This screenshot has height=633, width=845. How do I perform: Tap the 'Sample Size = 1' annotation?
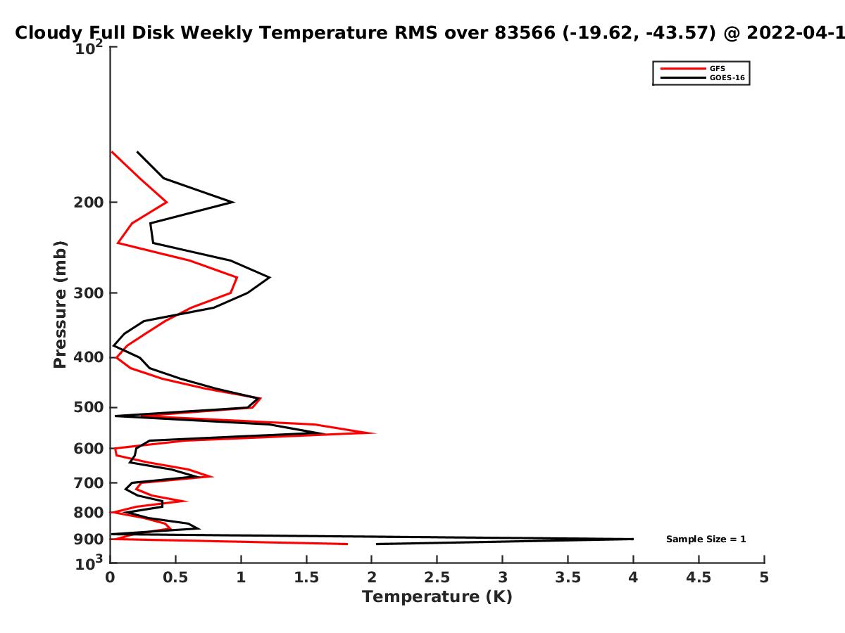coord(706,539)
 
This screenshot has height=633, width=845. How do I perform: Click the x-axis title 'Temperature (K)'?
coord(437,596)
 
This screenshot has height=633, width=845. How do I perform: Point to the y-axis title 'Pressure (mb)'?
coord(60,305)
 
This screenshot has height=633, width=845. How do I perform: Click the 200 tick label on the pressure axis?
coord(89,203)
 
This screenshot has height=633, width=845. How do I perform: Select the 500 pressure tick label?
coord(89,407)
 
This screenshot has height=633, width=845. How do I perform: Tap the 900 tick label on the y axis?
coord(89,539)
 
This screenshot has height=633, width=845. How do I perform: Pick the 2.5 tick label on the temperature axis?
coord(437,577)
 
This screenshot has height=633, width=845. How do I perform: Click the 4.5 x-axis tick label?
coord(699,577)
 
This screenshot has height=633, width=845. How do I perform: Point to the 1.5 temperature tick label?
coord(306,577)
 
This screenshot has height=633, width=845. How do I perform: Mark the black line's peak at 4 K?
coord(633,539)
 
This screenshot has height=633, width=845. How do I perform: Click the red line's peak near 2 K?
coord(374,433)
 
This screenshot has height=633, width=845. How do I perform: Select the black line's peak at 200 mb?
coord(234,202)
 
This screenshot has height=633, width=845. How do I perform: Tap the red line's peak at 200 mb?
coord(167,202)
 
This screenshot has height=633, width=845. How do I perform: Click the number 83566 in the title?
coord(525,33)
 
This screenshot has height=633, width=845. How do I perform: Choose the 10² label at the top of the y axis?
coord(89,48)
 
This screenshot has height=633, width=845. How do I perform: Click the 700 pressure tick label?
coord(89,483)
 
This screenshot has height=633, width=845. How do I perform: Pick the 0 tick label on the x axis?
coord(110,577)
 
